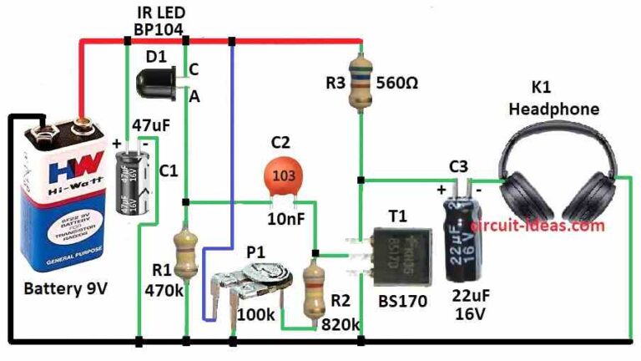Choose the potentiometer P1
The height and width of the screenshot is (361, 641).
click(255, 287)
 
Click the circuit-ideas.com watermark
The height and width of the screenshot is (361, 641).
click(537, 224)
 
